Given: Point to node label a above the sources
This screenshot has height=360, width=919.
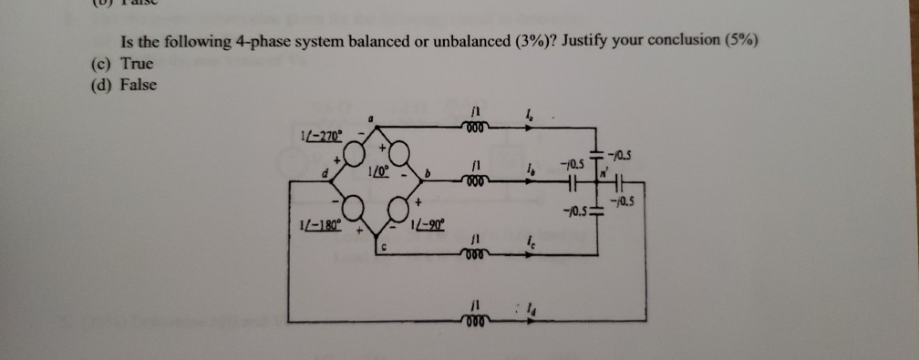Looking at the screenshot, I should click(372, 118).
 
